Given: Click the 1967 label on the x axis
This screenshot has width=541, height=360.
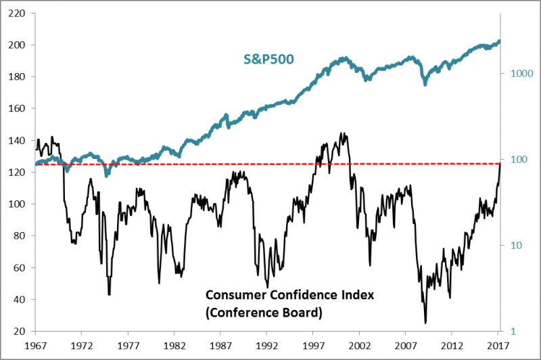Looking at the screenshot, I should point(34,345).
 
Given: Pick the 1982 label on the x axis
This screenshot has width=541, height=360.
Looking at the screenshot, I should point(174,345).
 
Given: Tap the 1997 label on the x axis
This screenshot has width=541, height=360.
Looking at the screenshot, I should point(313,345).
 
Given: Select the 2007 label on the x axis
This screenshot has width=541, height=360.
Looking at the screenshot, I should point(406,345).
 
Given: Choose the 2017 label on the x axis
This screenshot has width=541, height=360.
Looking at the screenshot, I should point(498,345).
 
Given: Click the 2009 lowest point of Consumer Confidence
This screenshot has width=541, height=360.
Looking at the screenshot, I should point(425,323).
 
